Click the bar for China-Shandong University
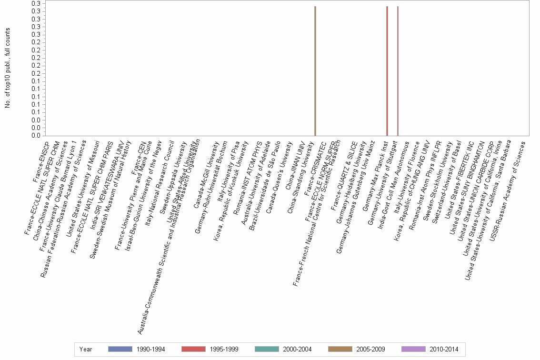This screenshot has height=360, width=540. pyautogui.click(x=315, y=71)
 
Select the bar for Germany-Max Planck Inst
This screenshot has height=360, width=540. pyautogui.click(x=387, y=71)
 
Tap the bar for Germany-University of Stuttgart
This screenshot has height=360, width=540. pyautogui.click(x=398, y=71)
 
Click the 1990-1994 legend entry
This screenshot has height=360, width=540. pyautogui.click(x=137, y=349)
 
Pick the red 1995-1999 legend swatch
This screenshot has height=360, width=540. pyautogui.click(x=193, y=349)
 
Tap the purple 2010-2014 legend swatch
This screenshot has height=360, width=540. pyautogui.click(x=413, y=349)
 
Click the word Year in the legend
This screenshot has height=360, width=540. pyautogui.click(x=86, y=349)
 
